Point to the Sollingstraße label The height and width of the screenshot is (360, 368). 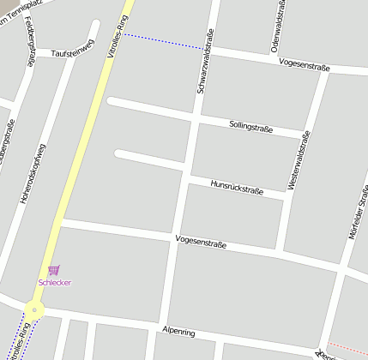click(250, 127)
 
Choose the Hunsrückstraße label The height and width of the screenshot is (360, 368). click(237, 189)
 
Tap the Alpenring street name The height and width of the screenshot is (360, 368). click(178, 331)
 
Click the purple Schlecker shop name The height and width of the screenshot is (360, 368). click(55, 282)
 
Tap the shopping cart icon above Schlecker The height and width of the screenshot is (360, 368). click(54, 270)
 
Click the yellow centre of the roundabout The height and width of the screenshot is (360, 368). click(34, 310)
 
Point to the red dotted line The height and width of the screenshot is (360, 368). click(347, 348)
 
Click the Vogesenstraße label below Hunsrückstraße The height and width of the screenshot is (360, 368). click(201, 242)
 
